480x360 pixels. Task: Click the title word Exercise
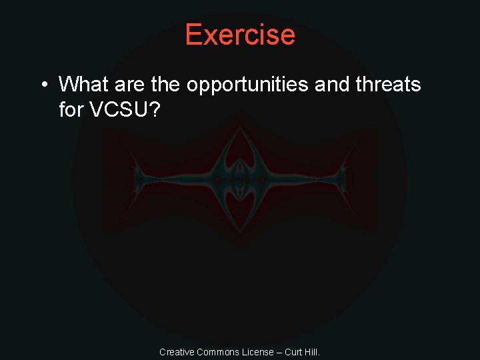[240, 34]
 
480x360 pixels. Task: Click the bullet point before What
[43, 85]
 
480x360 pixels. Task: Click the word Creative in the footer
[176, 352]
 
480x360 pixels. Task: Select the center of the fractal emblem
[240, 179]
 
